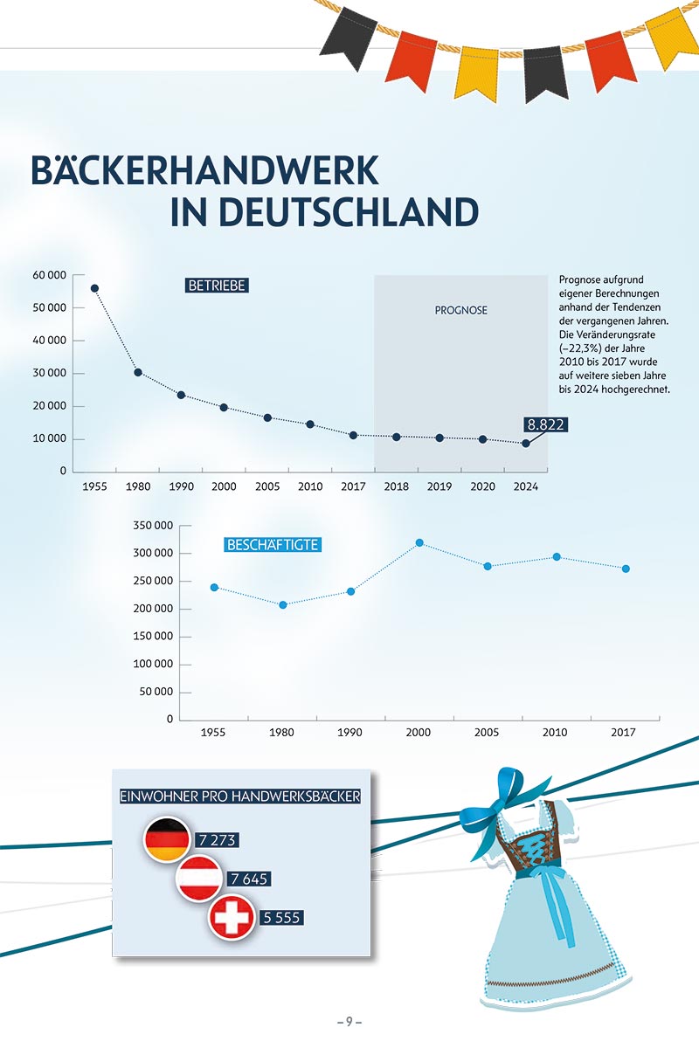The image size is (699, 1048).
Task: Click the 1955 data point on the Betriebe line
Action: coord(94,288)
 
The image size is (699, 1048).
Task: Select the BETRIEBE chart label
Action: coord(218,285)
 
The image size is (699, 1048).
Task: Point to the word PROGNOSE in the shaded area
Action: coord(461,310)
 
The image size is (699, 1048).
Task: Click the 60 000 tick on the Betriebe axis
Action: coord(50,275)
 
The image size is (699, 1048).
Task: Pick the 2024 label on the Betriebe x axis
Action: coord(525,486)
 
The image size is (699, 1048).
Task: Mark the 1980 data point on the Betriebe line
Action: coord(138,372)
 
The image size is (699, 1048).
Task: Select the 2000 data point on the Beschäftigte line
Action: coord(419,542)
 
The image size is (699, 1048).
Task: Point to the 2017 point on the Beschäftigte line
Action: coord(626,569)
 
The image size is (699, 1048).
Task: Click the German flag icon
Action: coord(166,839)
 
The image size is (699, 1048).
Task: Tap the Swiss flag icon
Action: coord(231,918)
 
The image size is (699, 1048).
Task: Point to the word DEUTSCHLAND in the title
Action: coord(324,212)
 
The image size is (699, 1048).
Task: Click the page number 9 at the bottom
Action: coord(349,1022)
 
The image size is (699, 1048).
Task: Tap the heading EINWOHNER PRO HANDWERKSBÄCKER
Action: coord(239,796)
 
